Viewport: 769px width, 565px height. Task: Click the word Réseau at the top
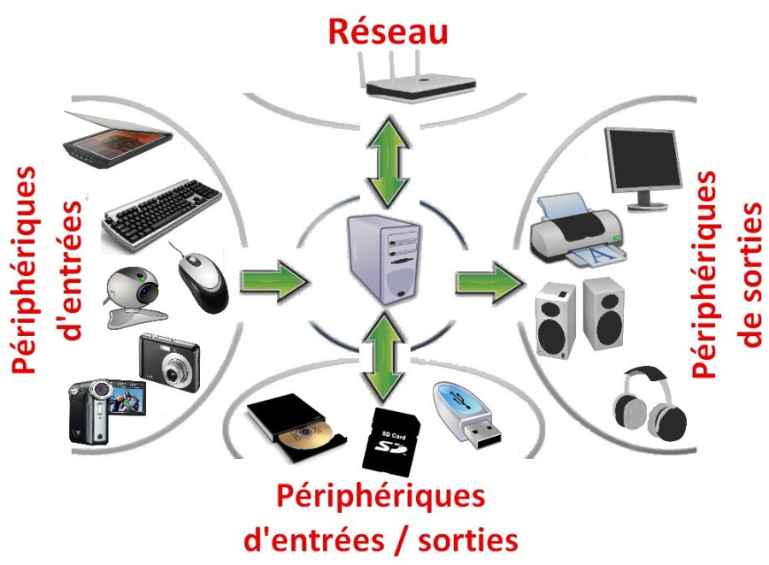tap(389, 32)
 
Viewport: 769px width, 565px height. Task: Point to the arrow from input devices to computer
tap(272, 280)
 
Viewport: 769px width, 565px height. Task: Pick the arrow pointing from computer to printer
tap(490, 280)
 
